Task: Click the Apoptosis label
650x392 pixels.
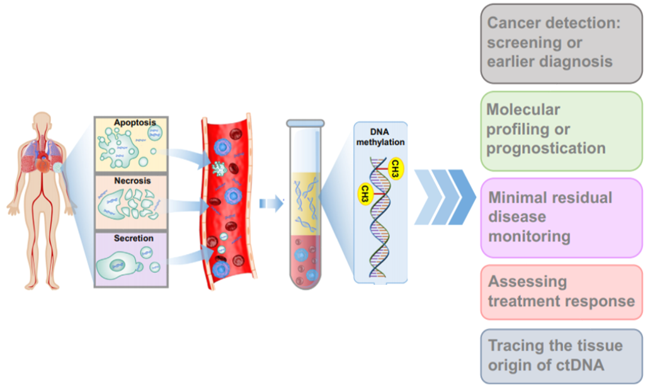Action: tap(135, 122)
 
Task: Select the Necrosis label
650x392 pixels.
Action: tap(132, 181)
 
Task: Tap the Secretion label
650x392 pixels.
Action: tap(134, 238)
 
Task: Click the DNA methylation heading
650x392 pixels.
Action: tap(380, 137)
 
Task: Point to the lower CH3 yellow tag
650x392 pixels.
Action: tap(365, 193)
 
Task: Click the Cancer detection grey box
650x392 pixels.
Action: tap(561, 43)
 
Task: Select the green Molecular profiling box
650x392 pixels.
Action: tap(561, 131)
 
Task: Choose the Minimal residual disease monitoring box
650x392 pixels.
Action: tap(561, 218)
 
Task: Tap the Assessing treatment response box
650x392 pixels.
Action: tap(561, 292)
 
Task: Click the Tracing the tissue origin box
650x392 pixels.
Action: tap(561, 356)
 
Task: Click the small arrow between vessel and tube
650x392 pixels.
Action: tap(271, 204)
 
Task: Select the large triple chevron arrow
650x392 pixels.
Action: tap(445, 197)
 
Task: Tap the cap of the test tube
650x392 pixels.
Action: tap(305, 123)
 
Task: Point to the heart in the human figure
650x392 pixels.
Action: tap(43, 159)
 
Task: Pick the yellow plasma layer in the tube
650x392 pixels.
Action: tap(305, 204)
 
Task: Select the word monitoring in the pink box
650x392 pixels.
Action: tap(529, 236)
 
